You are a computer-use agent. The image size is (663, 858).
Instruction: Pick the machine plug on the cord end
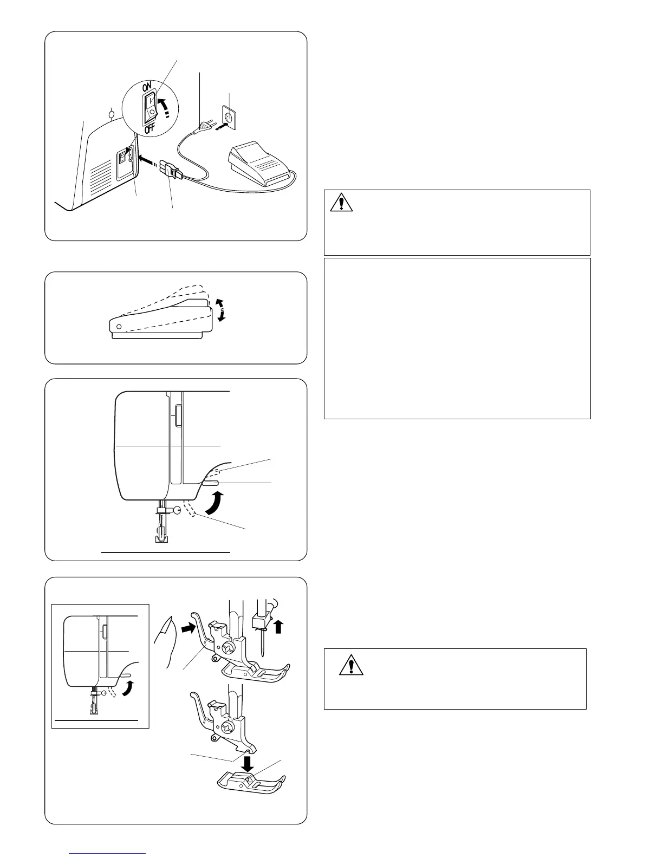click(172, 172)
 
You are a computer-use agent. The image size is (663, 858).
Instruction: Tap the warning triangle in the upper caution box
click(341, 203)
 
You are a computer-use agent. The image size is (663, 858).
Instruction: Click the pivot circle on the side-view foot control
click(119, 327)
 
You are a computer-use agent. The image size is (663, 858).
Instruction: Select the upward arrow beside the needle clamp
click(278, 627)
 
